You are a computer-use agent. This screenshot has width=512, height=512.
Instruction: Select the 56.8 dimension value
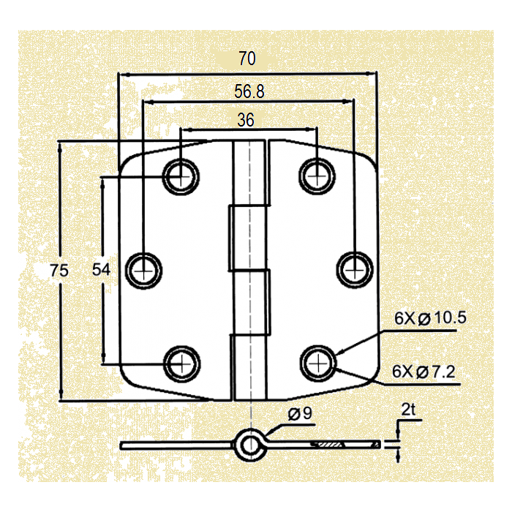point(249,91)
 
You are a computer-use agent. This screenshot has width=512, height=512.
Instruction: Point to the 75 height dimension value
point(59,271)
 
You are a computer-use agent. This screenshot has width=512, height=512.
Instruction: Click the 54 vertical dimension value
point(101,270)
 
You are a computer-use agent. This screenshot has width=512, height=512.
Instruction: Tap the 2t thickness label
point(407,411)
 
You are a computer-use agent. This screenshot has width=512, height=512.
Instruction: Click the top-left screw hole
point(181,175)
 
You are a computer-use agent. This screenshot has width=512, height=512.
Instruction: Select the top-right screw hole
point(317,175)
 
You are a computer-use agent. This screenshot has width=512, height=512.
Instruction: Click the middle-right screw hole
point(354,268)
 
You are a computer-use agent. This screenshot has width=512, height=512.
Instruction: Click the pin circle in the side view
point(249,444)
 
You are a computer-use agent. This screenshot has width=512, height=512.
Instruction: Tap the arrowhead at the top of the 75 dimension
point(61,146)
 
